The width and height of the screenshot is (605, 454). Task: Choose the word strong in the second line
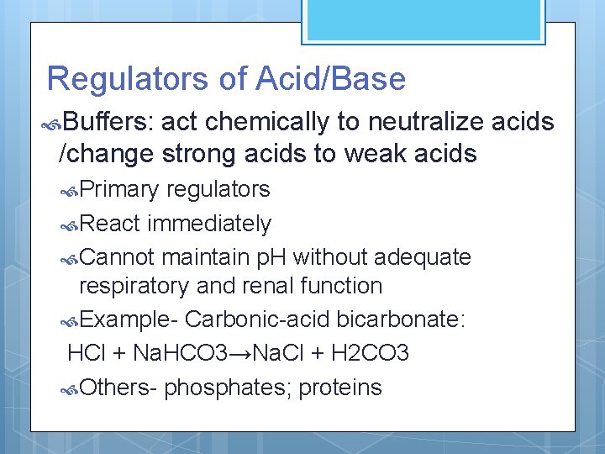[x=191, y=154]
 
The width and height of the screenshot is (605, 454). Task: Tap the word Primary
[x=122, y=189]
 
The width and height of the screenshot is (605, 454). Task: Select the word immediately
[x=209, y=224]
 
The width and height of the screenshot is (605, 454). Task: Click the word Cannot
[x=120, y=256]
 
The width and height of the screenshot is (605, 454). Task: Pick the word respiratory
[x=134, y=286]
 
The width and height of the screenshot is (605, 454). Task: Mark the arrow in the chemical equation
[x=240, y=353]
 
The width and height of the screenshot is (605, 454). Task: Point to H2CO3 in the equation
[x=371, y=353]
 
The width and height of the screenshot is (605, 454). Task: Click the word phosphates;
[x=228, y=388]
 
